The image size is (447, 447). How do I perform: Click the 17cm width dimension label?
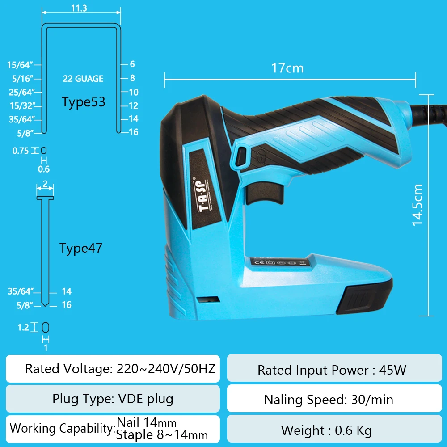pyautogui.click(x=287, y=68)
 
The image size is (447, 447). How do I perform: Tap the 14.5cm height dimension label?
pyautogui.click(x=417, y=205)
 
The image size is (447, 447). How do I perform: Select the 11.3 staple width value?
pyautogui.click(x=79, y=8)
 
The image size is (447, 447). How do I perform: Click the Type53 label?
pyautogui.click(x=84, y=102)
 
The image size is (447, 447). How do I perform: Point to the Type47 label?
pyautogui.click(x=81, y=248)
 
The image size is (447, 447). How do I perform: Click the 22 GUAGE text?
pyautogui.click(x=83, y=79)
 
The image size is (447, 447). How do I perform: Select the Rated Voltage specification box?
pyautogui.click(x=113, y=369)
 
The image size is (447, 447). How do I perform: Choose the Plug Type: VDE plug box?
pyautogui.click(x=113, y=399)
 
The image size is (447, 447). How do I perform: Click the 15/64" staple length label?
pyautogui.click(x=21, y=65)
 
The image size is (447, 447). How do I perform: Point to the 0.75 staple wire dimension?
pyautogui.click(x=21, y=151)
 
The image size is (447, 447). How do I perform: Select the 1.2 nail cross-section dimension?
pyautogui.click(x=23, y=328)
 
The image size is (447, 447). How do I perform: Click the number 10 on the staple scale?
pyautogui.click(x=134, y=93)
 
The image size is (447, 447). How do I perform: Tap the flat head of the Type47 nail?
pyautogui.click(x=45, y=197)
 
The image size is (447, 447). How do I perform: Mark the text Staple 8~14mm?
pyautogui.click(x=162, y=434)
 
